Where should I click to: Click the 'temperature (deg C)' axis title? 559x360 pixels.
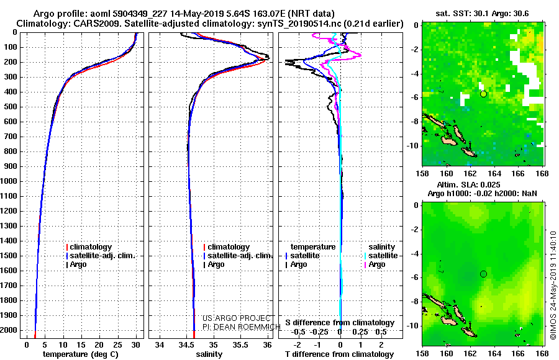(81, 354)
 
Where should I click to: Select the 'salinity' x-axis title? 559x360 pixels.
(209, 354)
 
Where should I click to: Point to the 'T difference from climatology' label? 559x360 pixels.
(340, 354)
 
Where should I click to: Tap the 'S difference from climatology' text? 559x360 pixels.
(340, 323)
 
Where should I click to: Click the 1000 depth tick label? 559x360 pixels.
(9, 181)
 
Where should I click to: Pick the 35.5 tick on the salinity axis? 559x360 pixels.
(240, 345)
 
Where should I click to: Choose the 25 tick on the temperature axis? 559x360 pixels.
(117, 345)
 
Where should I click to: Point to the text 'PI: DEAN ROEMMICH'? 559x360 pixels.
(242, 326)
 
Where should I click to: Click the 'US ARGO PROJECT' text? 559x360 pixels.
(237, 318)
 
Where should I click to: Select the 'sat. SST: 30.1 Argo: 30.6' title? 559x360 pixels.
(482, 14)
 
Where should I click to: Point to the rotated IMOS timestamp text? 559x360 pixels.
(553, 285)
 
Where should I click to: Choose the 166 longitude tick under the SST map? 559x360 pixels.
(518, 173)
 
